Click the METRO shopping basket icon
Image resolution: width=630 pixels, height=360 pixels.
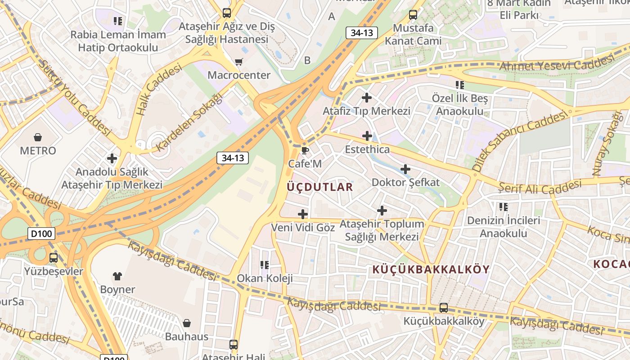pos(38,137)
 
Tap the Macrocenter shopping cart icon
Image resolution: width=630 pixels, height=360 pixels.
pos(238,62)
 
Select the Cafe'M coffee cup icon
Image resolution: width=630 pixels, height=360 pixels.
pos(305,150)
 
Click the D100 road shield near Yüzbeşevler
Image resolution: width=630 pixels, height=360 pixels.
pos(41,234)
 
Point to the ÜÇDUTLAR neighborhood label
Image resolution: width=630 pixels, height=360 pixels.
pos(320,187)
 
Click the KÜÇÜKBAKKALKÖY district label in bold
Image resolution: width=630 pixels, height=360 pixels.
pos(431,270)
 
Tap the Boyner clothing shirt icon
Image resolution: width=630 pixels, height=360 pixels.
pos(117,276)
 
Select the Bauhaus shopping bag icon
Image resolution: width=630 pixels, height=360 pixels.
pos(187,323)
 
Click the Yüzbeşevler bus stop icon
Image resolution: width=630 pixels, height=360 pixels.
pos(54,258)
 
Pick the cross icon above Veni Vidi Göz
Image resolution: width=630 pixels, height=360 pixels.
pos(303,214)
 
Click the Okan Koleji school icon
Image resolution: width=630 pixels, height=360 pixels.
pos(265,265)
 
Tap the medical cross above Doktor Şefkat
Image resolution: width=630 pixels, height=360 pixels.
pos(405,169)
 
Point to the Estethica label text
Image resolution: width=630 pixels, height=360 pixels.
pos(367,149)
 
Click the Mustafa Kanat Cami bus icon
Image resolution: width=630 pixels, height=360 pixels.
pos(413,14)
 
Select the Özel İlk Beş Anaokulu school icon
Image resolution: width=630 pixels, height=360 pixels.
pos(459,85)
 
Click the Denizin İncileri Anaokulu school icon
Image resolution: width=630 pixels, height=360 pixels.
pos(503,207)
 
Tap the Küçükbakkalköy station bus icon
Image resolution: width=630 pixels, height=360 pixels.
pos(444,308)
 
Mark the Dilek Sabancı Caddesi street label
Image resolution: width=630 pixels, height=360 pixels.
pos(520,141)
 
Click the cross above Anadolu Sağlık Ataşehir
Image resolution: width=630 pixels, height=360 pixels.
pos(112,158)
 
